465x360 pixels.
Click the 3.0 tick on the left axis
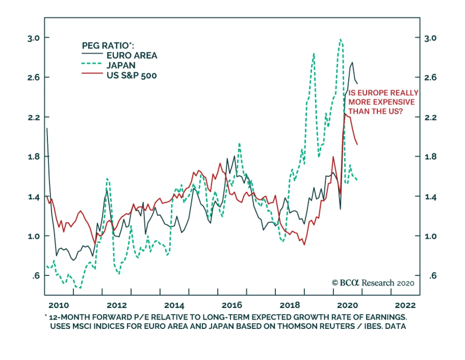pos(33,38)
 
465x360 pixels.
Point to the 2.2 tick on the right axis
pos(430,117)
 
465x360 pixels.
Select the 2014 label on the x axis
pos(174,305)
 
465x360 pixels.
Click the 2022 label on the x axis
pos(405,305)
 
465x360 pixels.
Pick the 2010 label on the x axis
pos(59,305)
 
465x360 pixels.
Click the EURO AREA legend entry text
pos(132,55)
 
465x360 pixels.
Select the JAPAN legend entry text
pos(121,65)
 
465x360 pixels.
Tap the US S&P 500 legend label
pos(132,76)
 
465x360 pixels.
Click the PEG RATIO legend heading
pos(108,46)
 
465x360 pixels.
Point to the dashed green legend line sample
pos(92,64)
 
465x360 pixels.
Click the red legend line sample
pos(92,73)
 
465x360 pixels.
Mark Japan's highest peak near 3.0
pos(340,39)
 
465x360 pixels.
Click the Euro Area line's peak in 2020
pos(352,62)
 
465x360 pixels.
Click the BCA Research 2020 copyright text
pos(373,283)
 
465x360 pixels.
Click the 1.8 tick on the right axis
pos(430,157)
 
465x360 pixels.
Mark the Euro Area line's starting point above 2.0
pos(47,128)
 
